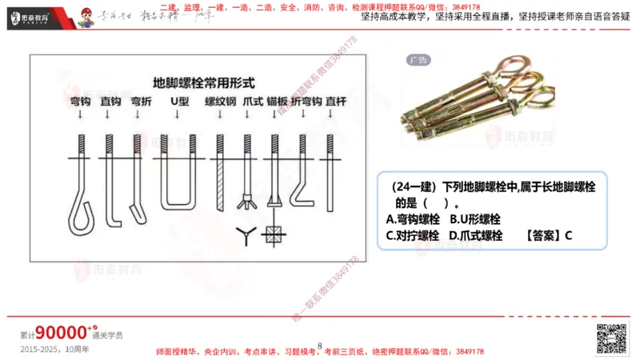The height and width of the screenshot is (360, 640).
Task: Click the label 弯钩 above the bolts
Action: click(80, 102)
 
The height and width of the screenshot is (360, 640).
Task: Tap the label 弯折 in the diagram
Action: click(141, 102)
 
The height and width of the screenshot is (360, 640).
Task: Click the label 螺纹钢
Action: click(220, 102)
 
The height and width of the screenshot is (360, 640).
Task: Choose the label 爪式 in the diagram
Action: click(252, 102)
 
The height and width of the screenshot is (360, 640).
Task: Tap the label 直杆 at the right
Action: click(336, 102)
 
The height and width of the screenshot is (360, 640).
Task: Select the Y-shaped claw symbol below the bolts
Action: click(246, 234)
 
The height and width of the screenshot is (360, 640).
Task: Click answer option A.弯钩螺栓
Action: click(413, 218)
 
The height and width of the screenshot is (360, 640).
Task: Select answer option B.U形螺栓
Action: click(475, 218)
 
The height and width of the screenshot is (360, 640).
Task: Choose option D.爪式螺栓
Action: click(476, 235)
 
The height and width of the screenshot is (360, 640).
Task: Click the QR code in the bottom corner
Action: click(611, 337)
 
